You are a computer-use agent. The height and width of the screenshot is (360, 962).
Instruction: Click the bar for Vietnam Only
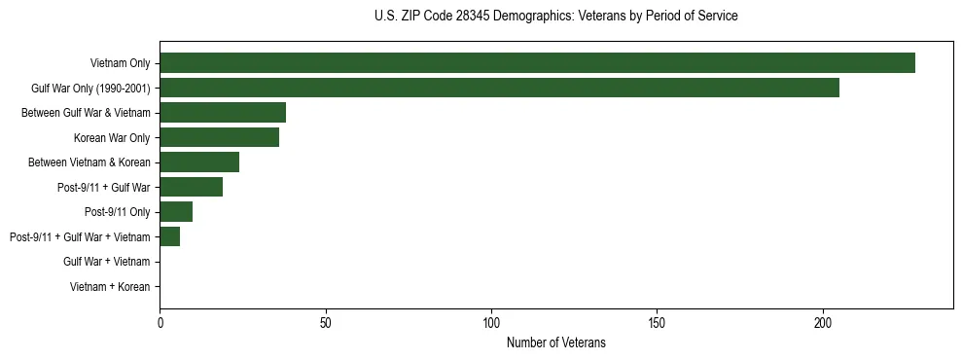pyautogui.click(x=537, y=63)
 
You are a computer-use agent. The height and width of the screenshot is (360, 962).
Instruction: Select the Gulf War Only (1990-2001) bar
pyautogui.click(x=499, y=88)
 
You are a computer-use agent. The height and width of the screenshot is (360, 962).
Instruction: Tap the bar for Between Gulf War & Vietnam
pyautogui.click(x=223, y=113)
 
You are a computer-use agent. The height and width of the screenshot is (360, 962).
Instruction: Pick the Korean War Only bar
pyautogui.click(x=219, y=137)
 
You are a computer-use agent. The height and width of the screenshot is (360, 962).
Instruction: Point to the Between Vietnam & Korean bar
pyautogui.click(x=199, y=162)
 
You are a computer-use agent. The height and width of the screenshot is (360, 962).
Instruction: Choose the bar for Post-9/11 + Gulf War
pyautogui.click(x=191, y=187)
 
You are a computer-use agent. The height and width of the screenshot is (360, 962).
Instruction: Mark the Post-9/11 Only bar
pyautogui.click(x=176, y=211)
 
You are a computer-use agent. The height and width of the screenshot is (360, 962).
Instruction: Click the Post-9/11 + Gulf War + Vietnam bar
pyautogui.click(x=169, y=236)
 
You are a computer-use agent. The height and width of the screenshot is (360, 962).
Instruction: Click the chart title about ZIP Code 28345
pyautogui.click(x=555, y=17)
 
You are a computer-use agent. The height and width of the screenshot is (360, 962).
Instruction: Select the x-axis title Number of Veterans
pyautogui.click(x=555, y=342)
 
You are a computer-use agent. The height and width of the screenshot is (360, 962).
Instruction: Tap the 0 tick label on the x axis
pyautogui.click(x=160, y=322)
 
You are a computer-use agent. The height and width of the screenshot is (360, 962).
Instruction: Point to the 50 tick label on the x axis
pyautogui.click(x=326, y=322)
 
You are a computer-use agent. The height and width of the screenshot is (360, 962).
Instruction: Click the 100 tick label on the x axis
pyautogui.click(x=491, y=322)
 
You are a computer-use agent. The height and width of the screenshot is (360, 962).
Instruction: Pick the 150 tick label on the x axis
pyautogui.click(x=657, y=322)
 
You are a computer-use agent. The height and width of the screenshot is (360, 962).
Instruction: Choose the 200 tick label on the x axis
pyautogui.click(x=823, y=322)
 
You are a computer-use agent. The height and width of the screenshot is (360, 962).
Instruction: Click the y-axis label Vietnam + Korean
pyautogui.click(x=110, y=286)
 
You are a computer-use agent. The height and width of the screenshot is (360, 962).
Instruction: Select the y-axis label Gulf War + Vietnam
pyautogui.click(x=106, y=261)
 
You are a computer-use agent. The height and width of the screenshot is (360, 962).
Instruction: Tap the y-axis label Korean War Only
pyautogui.click(x=112, y=137)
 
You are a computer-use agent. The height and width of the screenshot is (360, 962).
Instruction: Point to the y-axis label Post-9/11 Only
pyautogui.click(x=118, y=211)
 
